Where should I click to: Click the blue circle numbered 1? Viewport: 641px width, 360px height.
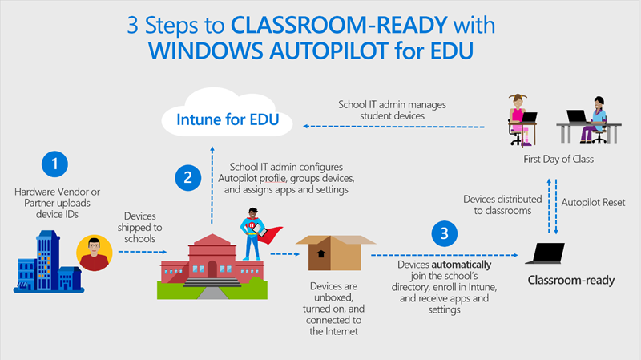click(54, 165)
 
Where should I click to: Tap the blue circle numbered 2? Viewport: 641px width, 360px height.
click(187, 177)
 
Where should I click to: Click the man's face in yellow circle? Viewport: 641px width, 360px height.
click(95, 254)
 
